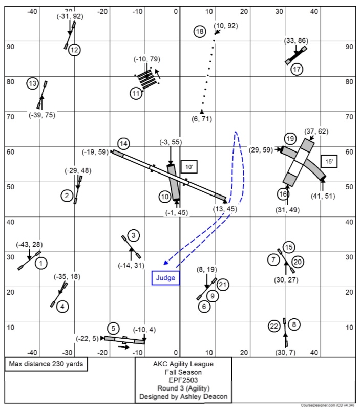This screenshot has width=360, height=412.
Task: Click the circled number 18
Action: click(200, 32)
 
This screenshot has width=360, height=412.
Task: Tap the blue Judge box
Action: click(166, 278)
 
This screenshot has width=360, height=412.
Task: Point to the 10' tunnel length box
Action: click(188, 167)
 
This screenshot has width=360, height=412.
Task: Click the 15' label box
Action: click(328, 161)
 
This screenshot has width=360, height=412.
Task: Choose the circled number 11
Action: click(136, 94)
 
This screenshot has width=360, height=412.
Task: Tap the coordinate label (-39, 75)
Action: click(42, 115)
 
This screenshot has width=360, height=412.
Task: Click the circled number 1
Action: click(41, 264)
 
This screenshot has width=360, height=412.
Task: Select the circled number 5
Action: click(113, 328)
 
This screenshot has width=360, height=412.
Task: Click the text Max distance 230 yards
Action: click(46, 364)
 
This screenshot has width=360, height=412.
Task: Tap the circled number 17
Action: click(297, 69)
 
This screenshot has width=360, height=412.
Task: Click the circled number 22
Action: click(274, 326)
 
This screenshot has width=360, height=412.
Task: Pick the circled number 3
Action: click(133, 236)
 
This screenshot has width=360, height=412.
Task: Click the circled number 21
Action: click(222, 285)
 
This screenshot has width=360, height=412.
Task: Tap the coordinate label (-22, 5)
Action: click(87, 338)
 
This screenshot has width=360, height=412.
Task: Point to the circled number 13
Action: click(33, 83)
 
